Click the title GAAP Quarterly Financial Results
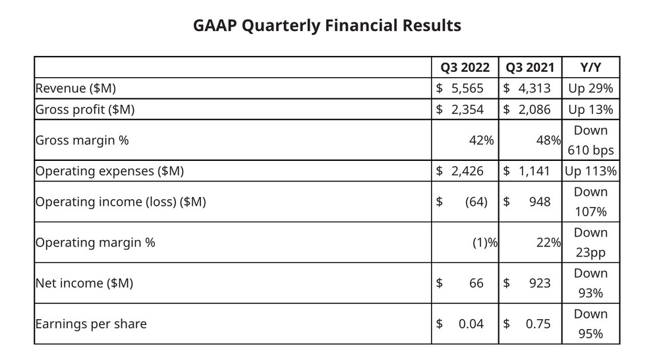(x=327, y=26)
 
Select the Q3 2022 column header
(x=465, y=67)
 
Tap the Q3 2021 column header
(x=530, y=67)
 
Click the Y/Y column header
(x=590, y=67)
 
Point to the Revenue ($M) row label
(x=76, y=88)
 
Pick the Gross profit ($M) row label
(x=85, y=109)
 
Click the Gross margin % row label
(x=82, y=140)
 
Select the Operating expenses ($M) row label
(x=109, y=171)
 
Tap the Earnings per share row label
(x=91, y=324)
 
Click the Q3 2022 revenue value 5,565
(x=467, y=88)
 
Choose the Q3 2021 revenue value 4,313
(x=534, y=88)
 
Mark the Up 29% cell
(x=590, y=88)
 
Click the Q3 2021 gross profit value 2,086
(x=534, y=109)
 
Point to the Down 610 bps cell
(x=590, y=140)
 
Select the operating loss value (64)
(x=476, y=202)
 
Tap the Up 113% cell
(x=590, y=171)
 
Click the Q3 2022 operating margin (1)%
(x=485, y=243)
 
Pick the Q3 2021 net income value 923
(x=540, y=283)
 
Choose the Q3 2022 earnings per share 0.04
(x=471, y=324)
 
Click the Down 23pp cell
(x=590, y=243)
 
